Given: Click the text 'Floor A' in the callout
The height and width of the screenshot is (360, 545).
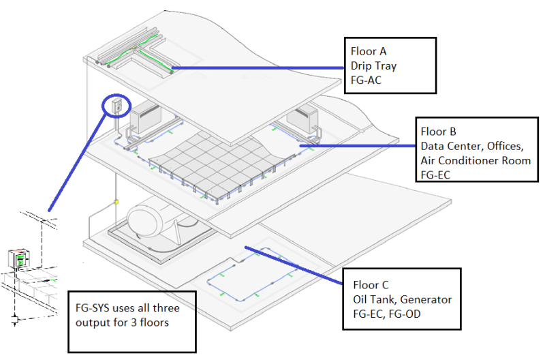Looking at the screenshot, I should point(369,51).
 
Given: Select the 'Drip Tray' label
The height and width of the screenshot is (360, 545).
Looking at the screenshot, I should point(373,65).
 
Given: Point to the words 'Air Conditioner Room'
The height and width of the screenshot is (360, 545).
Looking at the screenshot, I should point(475,160).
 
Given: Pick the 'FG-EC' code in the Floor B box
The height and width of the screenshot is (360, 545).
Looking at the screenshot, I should point(436,175).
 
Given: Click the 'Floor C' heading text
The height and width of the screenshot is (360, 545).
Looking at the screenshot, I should point(371,285).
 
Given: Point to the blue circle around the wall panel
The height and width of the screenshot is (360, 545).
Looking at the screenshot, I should point(115,106).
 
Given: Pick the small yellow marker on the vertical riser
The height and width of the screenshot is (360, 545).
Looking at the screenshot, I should point(116,202).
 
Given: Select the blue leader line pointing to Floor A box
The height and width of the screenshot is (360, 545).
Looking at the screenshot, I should point(259,68).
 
